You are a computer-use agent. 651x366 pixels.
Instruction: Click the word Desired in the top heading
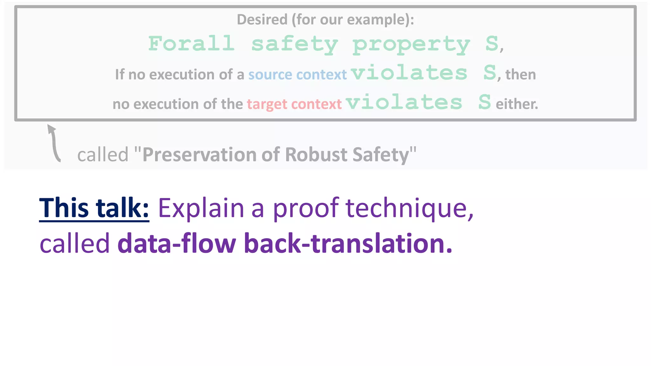(x=262, y=20)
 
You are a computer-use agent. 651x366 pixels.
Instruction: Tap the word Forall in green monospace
(x=191, y=44)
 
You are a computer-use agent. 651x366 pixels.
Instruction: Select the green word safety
(x=295, y=44)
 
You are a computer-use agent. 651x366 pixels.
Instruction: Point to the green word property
(x=411, y=45)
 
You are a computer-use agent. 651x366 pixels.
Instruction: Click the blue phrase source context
(x=297, y=75)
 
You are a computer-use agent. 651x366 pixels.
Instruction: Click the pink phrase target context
(x=294, y=104)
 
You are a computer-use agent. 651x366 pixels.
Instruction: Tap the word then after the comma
(x=520, y=75)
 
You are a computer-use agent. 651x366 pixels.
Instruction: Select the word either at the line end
(x=517, y=104)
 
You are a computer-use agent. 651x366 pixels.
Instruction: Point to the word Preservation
(x=199, y=155)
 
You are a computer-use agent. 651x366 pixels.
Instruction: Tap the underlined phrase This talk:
(x=94, y=208)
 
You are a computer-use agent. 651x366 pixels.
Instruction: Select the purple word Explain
(x=201, y=208)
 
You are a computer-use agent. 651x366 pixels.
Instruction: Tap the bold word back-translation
(x=348, y=244)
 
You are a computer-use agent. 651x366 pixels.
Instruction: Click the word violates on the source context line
(x=409, y=73)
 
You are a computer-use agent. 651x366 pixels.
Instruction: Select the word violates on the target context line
(x=404, y=102)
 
